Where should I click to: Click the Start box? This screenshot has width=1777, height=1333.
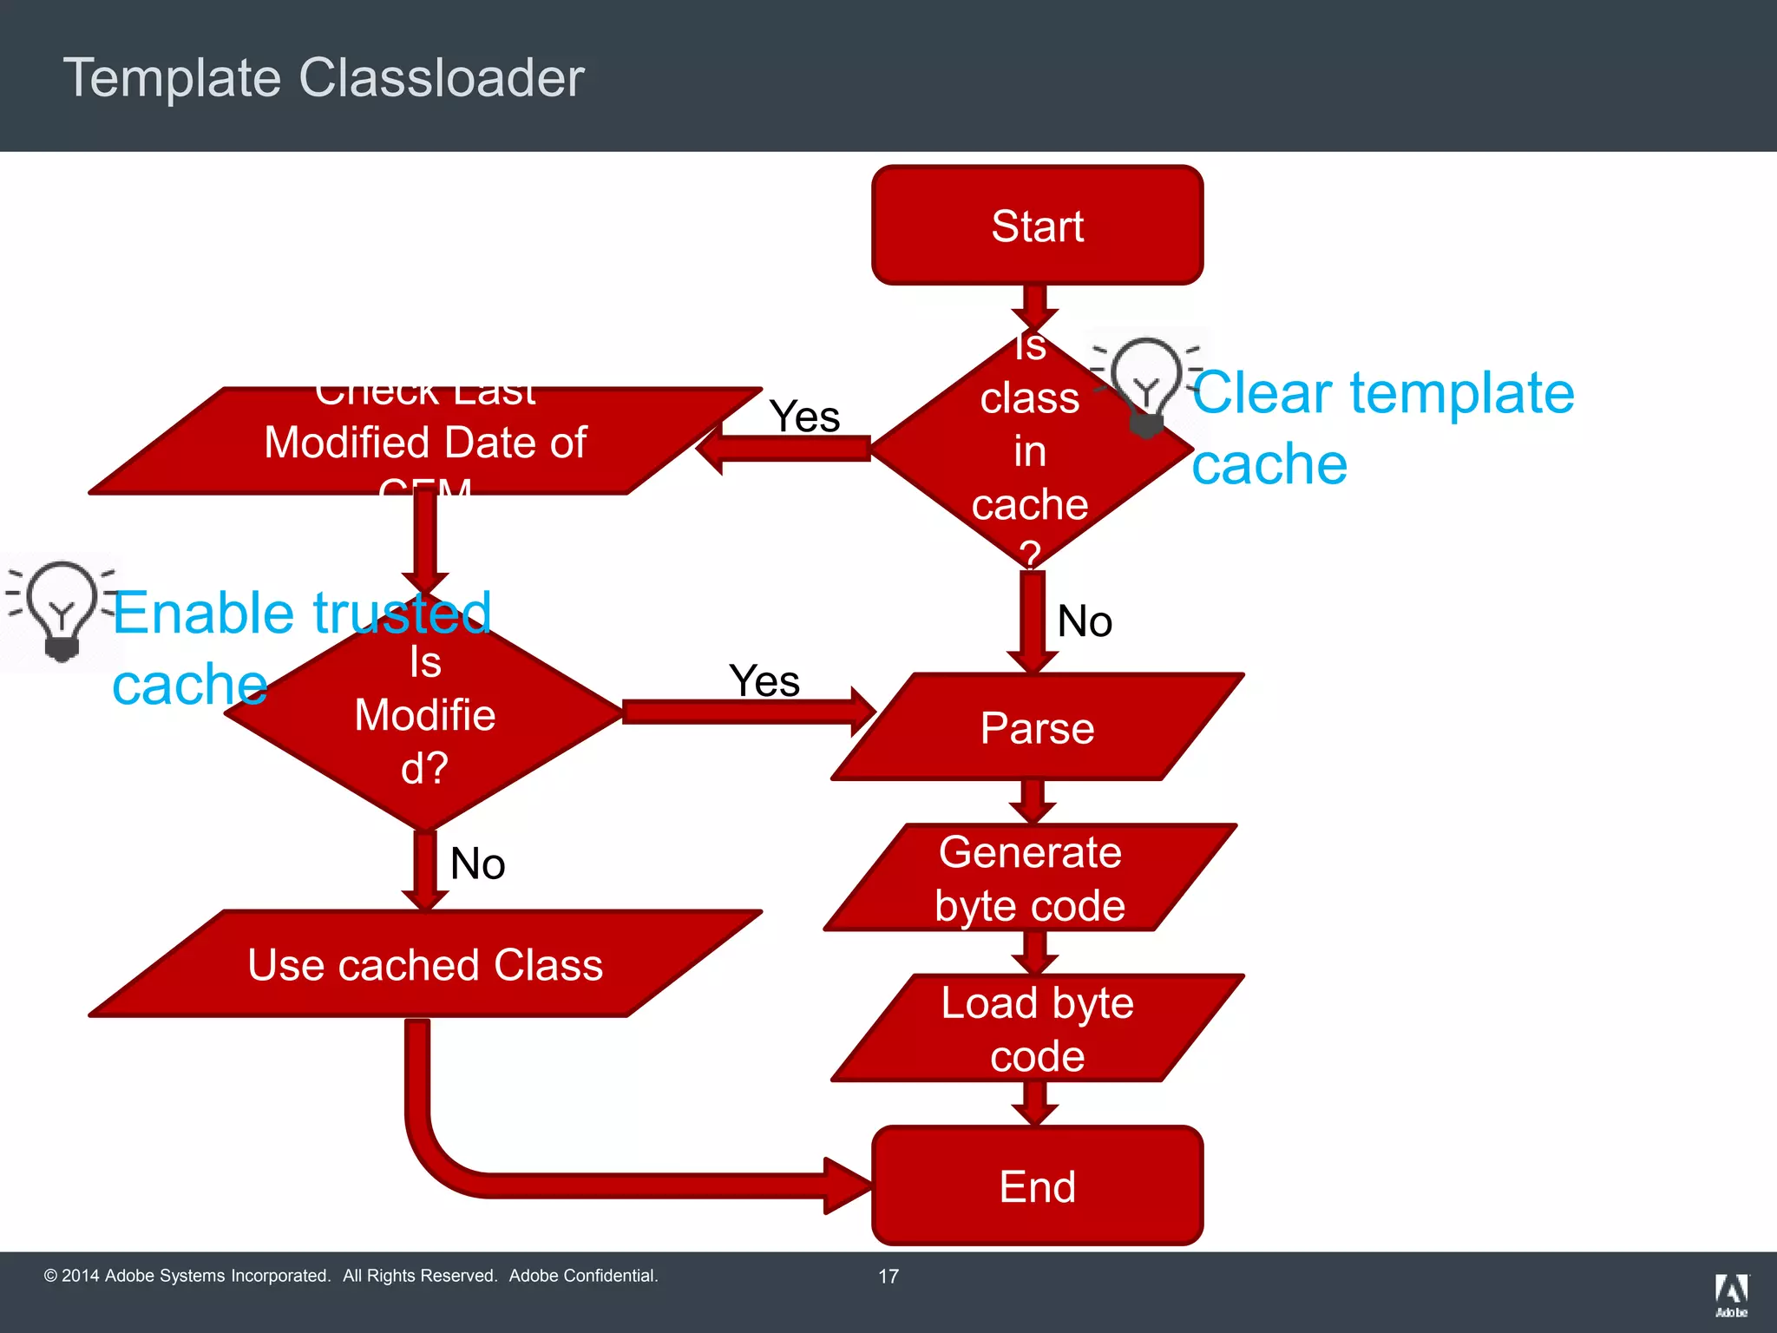tap(1037, 226)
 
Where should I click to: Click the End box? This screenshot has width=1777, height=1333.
tap(1037, 1185)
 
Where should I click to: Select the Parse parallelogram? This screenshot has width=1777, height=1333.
tap(1037, 727)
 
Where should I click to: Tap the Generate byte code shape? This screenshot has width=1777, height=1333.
tap(1030, 878)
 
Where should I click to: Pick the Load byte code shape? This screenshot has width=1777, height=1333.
tap(1037, 1028)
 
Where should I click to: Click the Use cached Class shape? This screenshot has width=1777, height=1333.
tap(425, 964)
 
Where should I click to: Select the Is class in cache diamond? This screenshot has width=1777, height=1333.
tap(1030, 451)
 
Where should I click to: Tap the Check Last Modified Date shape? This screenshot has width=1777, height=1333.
tap(425, 442)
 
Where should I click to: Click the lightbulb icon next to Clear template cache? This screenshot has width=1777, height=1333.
tap(1146, 385)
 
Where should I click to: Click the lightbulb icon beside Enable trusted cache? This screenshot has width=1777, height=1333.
tap(62, 610)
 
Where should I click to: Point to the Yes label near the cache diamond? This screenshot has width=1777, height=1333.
tap(804, 417)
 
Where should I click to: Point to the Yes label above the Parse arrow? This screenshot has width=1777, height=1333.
tap(764, 680)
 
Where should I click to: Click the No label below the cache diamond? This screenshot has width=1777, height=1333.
tap(1085, 621)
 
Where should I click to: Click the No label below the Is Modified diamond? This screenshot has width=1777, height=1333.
tap(477, 863)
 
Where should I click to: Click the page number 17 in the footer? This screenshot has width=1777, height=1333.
tap(888, 1276)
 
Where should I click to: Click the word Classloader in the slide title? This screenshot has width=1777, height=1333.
tap(442, 78)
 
